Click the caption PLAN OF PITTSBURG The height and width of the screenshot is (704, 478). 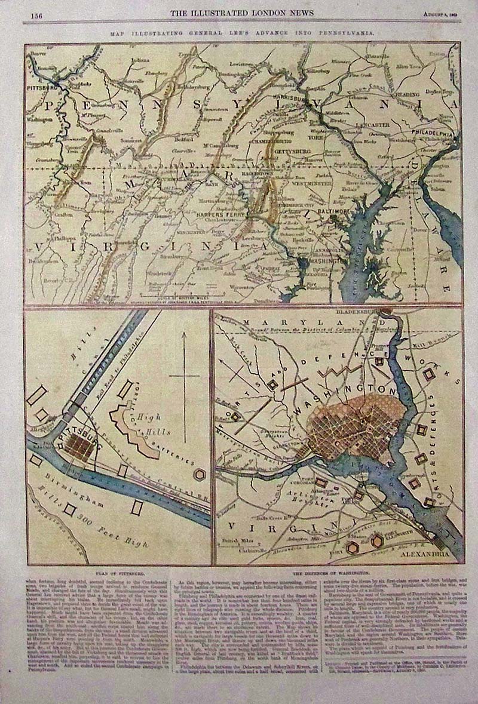pos(118,572)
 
